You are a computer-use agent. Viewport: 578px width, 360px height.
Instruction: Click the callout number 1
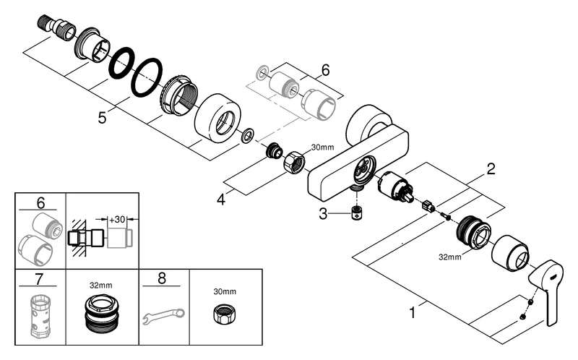[x=413, y=313]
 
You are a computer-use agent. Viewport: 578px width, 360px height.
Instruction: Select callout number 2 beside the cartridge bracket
[x=491, y=171]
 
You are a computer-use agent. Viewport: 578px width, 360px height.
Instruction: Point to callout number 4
[x=221, y=198]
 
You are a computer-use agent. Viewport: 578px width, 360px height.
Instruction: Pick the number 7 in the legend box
[x=40, y=280]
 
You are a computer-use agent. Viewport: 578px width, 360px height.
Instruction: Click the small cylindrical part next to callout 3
[x=355, y=215]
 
